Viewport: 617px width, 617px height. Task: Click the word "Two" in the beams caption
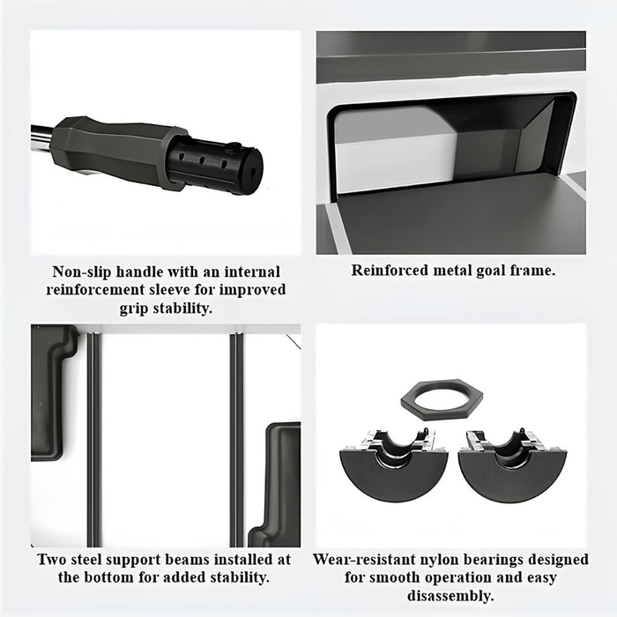click(51, 559)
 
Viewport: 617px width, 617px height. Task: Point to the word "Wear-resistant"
click(364, 559)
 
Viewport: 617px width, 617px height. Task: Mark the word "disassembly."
click(450, 595)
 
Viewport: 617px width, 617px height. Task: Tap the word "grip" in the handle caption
click(134, 309)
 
